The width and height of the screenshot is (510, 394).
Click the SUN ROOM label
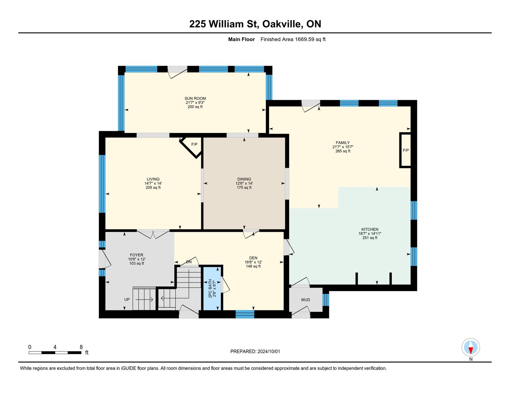195,98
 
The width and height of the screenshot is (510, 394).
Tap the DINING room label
244,179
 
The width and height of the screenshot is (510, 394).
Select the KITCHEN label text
370,229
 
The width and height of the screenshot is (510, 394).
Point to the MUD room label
306,300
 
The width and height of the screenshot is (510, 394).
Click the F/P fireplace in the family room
405,150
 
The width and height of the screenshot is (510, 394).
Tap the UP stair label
127,299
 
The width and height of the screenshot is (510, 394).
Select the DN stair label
189,262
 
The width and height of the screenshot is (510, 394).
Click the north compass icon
470,347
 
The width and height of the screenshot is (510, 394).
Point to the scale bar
55,353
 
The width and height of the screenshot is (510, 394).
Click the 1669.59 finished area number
304,40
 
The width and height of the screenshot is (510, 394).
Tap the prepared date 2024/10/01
268,352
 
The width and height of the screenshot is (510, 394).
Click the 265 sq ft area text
343,151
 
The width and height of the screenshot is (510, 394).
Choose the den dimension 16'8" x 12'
253,262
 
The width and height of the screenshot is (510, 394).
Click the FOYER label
137,255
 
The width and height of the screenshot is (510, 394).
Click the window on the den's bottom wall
245,314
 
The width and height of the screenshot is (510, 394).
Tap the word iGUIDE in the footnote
128,368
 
